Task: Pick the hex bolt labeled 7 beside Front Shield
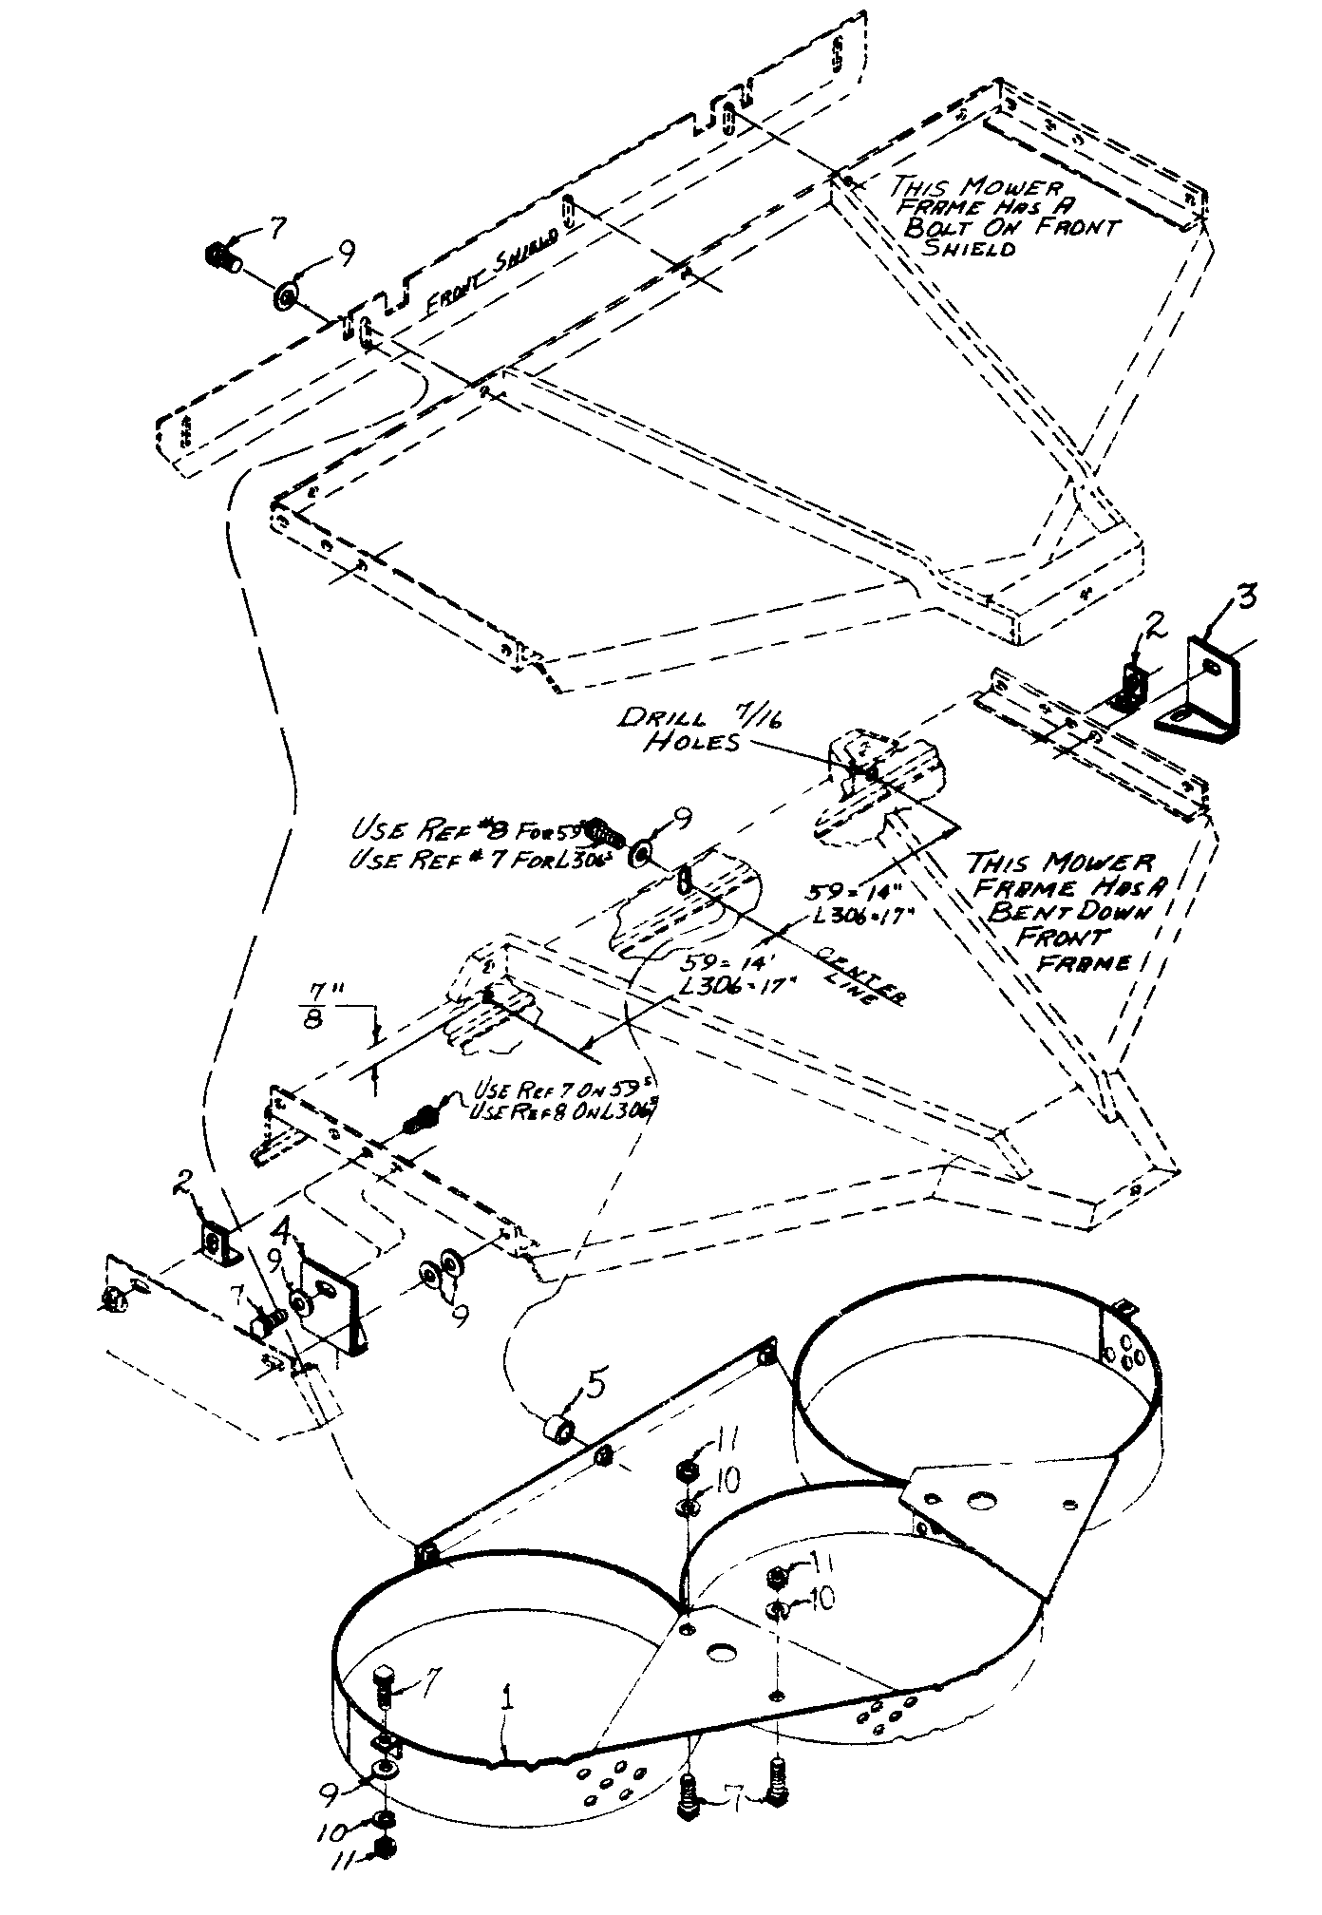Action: tap(221, 256)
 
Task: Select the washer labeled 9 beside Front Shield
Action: tap(286, 298)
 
